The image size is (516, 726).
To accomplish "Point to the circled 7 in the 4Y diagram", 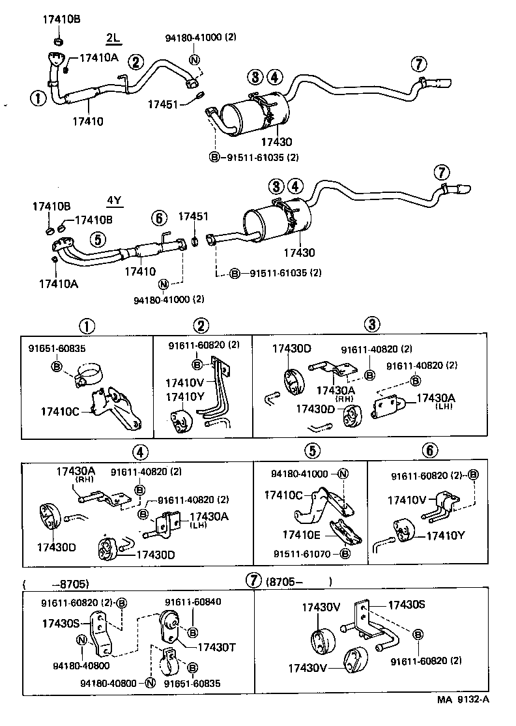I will (x=442, y=173).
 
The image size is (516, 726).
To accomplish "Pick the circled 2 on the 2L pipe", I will (x=135, y=62).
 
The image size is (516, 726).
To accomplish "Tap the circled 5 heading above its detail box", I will (x=312, y=450).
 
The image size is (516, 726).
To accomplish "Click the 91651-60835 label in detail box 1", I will (x=57, y=348).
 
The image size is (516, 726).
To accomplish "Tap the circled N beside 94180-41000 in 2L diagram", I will (x=194, y=60).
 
